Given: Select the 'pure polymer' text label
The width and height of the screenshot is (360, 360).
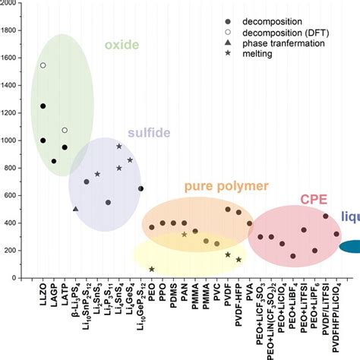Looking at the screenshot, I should pos(226,185).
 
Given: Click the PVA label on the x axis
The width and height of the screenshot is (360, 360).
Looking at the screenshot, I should pos(250,293).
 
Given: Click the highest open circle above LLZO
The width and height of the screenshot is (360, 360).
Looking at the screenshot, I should pos(43,66).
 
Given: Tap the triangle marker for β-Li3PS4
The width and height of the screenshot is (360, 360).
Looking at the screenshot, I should pos(75,209).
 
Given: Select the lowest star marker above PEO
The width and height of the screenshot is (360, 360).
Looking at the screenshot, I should pos(152,269).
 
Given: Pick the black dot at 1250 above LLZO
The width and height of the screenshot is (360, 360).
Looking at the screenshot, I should pos(43,106).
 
